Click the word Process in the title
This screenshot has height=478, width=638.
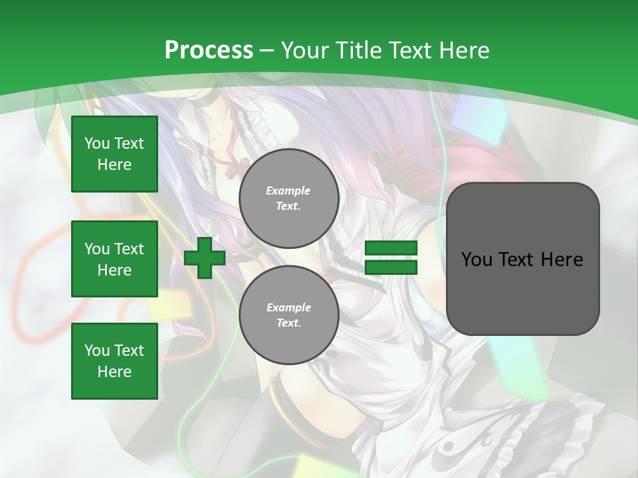(x=209, y=50)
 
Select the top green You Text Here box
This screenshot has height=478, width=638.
(x=114, y=154)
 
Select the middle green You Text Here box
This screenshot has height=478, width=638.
(x=114, y=259)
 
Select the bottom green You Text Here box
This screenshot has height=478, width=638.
(x=114, y=360)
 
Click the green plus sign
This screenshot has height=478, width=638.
(x=205, y=258)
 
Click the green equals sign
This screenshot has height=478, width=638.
(x=391, y=258)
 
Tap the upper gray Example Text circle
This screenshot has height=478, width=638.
(x=288, y=199)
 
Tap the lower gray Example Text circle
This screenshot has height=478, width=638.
(x=288, y=315)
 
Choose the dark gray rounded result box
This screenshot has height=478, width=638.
(x=522, y=292)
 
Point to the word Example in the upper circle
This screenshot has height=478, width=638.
(x=288, y=191)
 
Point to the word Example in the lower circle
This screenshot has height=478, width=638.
(x=288, y=307)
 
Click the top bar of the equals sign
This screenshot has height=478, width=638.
(x=391, y=248)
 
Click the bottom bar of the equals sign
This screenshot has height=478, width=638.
(x=391, y=267)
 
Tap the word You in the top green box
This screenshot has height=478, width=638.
(x=97, y=143)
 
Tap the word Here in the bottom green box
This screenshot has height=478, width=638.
(x=114, y=372)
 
